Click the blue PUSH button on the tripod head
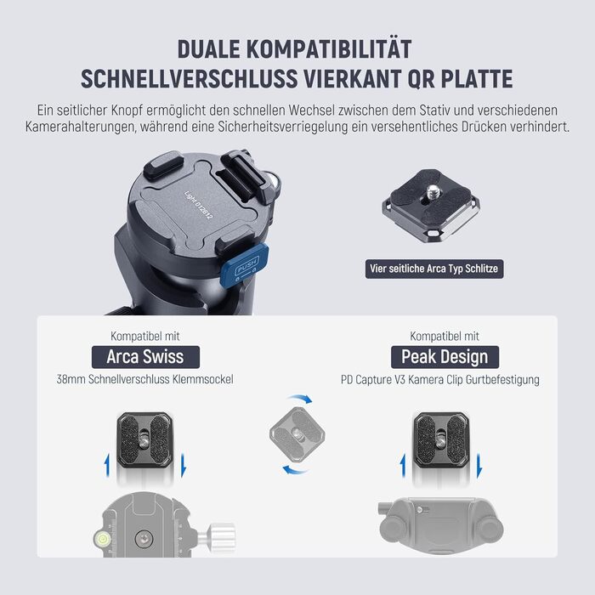pyautogui.click(x=245, y=263)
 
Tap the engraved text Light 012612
pyautogui.click(x=198, y=205)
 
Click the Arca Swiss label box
pyautogui.click(x=145, y=357)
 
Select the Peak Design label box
pyautogui.click(x=445, y=357)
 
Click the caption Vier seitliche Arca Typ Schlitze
pyautogui.click(x=434, y=269)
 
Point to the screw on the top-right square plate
pyautogui.click(x=433, y=192)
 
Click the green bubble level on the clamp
pyautogui.click(x=101, y=538)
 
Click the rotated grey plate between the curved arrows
pyautogui.click(x=297, y=434)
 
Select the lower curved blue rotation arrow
pyautogui.click(x=294, y=470)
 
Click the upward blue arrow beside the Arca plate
pyautogui.click(x=107, y=466)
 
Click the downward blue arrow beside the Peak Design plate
pyautogui.click(x=479, y=466)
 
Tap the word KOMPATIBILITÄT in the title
pyautogui.click(x=329, y=49)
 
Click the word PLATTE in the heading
pyautogui.click(x=477, y=79)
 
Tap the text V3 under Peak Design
pyautogui.click(x=399, y=379)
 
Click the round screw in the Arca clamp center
pyautogui.click(x=144, y=538)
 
